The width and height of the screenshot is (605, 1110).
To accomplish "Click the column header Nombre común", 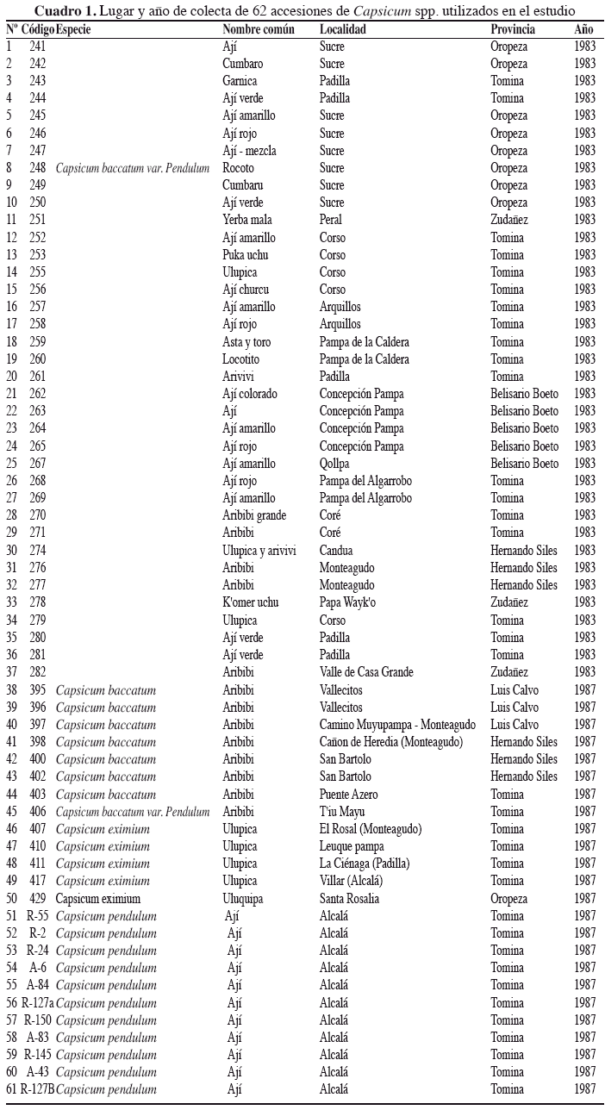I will [x=258, y=29].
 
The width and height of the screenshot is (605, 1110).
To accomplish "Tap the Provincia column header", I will [x=513, y=29].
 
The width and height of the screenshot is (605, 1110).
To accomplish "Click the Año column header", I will [x=584, y=29].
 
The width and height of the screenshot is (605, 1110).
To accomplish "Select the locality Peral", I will [x=333, y=220].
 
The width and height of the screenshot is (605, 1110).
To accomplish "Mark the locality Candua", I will [x=337, y=551].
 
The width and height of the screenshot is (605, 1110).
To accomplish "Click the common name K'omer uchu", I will [x=251, y=603].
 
